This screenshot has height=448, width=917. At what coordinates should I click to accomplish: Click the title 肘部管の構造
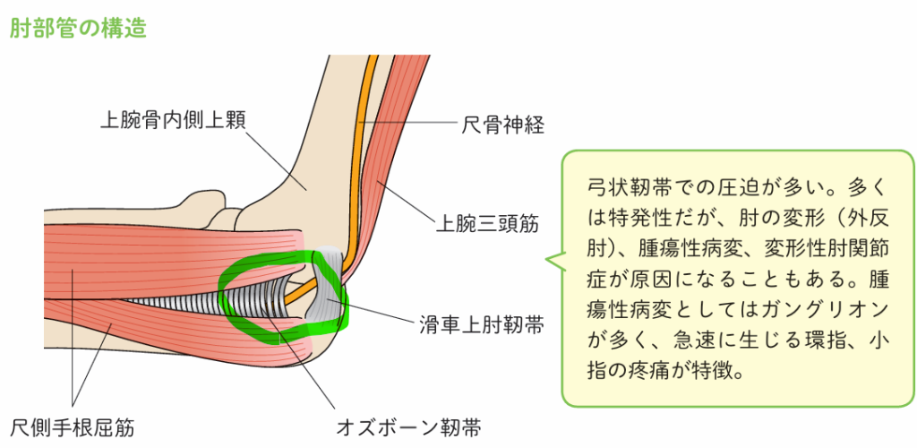click(x=78, y=28)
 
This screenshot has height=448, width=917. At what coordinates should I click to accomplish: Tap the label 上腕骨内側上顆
click(x=171, y=119)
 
